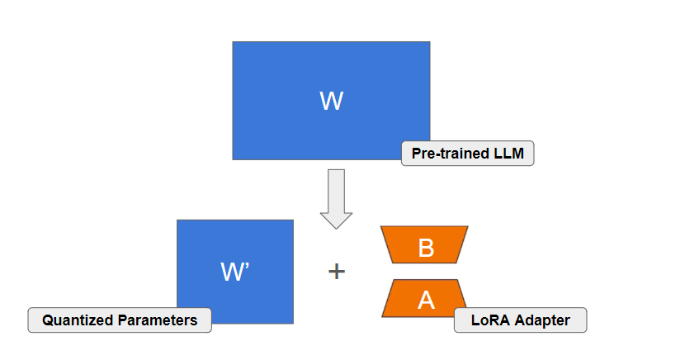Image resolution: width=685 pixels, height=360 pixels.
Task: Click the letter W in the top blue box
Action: click(331, 102)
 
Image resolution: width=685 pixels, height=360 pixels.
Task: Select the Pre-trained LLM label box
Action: click(468, 154)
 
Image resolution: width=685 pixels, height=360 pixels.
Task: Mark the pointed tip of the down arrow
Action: click(336, 227)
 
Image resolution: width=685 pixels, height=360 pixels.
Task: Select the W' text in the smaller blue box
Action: click(235, 272)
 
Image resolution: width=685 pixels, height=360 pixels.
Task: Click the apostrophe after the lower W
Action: click(248, 266)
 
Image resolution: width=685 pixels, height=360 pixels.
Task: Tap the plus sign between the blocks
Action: click(337, 271)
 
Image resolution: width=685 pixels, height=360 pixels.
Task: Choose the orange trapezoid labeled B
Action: click(425, 244)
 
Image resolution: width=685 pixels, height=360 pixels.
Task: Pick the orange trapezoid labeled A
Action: click(425, 298)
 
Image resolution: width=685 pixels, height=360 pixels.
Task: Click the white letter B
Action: click(426, 246)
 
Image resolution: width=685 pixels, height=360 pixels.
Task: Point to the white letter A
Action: click(426, 300)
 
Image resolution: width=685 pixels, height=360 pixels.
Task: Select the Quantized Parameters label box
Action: click(120, 320)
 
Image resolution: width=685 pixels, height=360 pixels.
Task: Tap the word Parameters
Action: click(159, 320)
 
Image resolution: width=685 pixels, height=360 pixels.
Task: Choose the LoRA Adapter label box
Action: click(520, 320)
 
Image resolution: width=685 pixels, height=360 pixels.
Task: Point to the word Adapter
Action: click(543, 320)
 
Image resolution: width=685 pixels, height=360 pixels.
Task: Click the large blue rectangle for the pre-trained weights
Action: click(281, 74)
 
